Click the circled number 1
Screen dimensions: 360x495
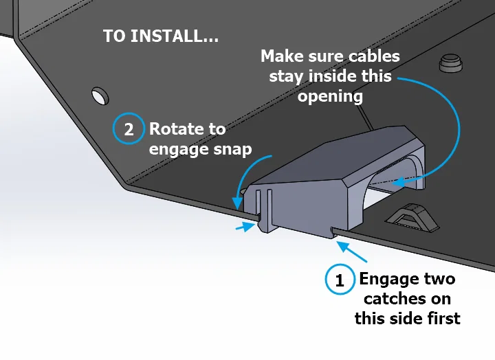[340, 280]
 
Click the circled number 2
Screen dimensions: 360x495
[129, 129]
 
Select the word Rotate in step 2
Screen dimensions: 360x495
[177, 129]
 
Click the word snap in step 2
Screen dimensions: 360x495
[231, 149]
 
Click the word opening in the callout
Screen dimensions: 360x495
[330, 95]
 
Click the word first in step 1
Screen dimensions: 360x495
[441, 318]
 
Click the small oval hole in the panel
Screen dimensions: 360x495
[100, 93]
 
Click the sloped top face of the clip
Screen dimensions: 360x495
[344, 165]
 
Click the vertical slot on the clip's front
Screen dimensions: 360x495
[264, 206]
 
